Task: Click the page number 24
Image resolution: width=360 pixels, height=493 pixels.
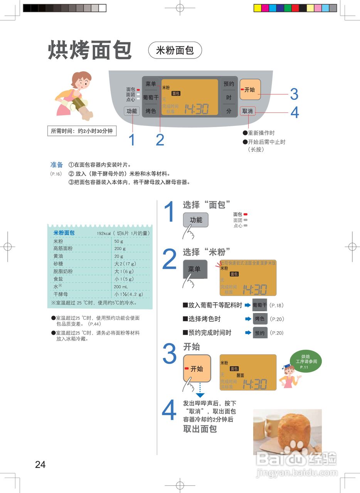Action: [x=40, y=464]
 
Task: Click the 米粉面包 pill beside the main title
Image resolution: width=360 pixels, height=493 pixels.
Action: [x=175, y=50]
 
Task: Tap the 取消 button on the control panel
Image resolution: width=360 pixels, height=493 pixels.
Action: [x=247, y=111]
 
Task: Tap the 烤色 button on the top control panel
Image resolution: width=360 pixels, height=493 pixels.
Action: [x=151, y=111]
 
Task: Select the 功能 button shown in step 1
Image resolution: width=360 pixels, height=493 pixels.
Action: [x=196, y=220]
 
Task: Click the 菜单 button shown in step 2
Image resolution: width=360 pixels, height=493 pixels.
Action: [x=195, y=269]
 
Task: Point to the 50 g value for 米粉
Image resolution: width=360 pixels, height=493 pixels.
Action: [x=119, y=241]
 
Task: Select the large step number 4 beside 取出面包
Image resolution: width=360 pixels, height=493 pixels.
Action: [x=169, y=411]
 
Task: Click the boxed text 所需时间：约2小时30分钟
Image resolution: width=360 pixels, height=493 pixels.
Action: [x=82, y=131]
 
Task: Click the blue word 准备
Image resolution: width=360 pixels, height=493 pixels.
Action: [x=57, y=165]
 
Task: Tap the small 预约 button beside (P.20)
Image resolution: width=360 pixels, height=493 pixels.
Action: [x=260, y=333]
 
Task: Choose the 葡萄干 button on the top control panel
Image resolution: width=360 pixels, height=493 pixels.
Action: [x=151, y=97]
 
